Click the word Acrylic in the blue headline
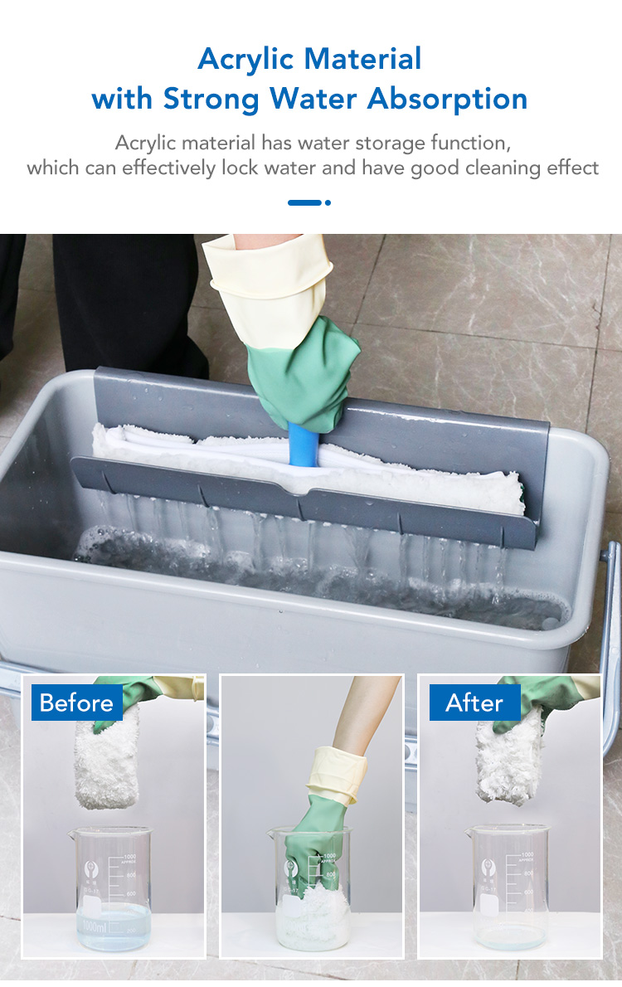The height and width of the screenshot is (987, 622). (x=245, y=60)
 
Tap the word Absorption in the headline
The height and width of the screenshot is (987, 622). (x=447, y=100)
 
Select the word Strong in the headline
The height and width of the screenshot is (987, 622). (x=211, y=100)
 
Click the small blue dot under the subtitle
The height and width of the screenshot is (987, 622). (x=328, y=202)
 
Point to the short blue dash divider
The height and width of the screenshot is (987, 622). (x=304, y=202)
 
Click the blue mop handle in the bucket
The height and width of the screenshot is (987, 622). (x=304, y=444)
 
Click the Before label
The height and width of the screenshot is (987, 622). (x=76, y=703)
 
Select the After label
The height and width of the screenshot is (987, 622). (x=474, y=703)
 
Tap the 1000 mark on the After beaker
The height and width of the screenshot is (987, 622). (x=527, y=855)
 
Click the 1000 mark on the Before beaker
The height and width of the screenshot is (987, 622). (x=129, y=857)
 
